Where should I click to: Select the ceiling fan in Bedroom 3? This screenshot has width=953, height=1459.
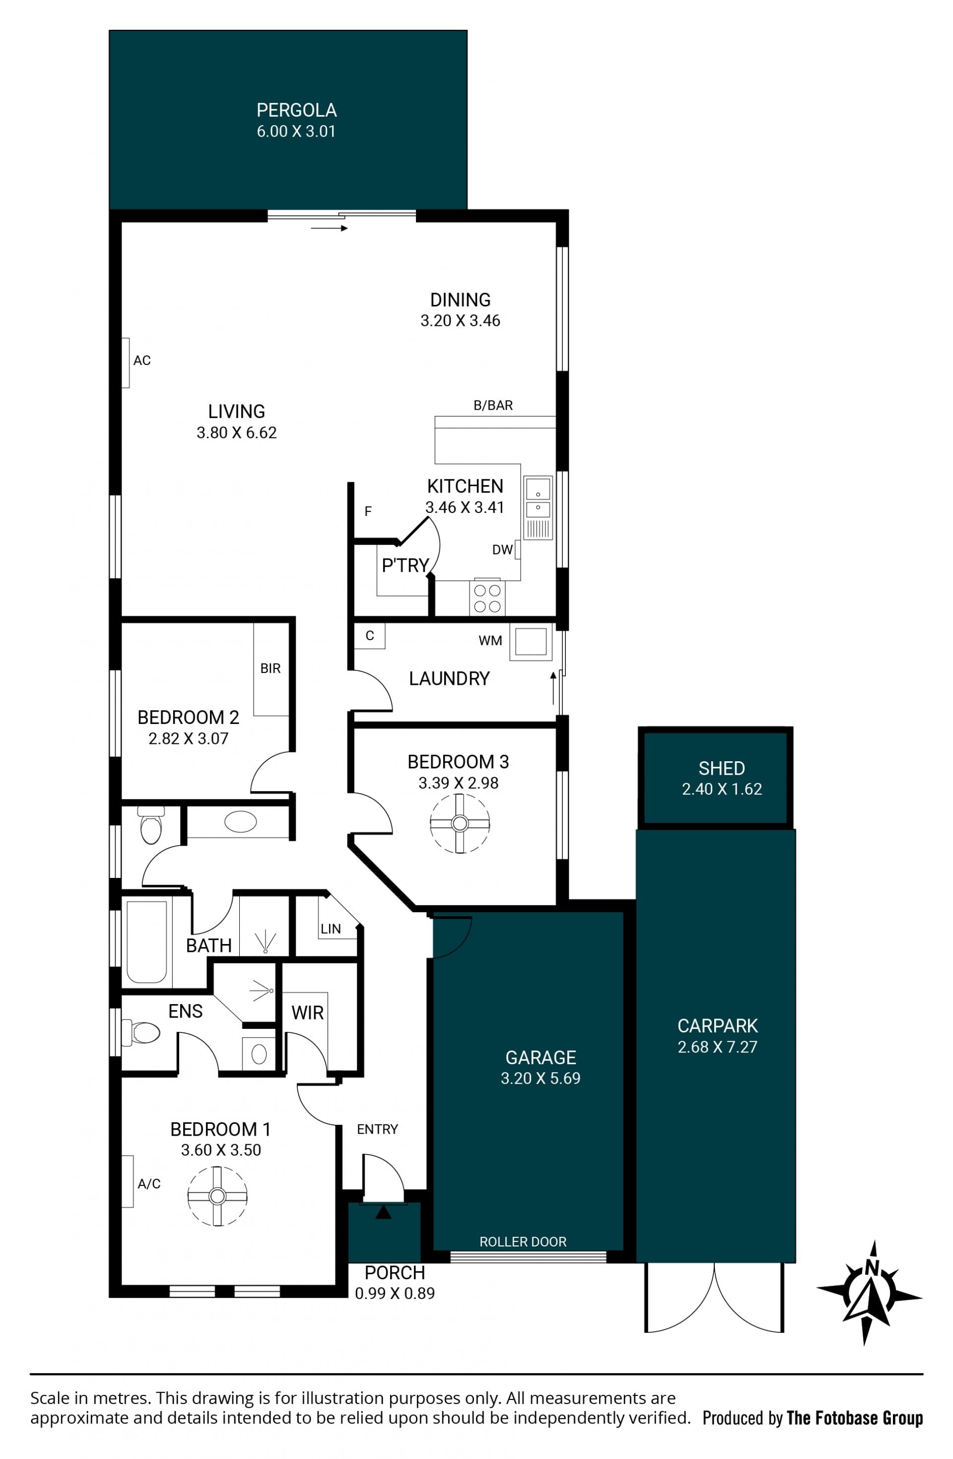(460, 823)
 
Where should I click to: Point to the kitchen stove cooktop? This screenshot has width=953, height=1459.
(487, 598)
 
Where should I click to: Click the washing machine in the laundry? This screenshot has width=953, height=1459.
(530, 642)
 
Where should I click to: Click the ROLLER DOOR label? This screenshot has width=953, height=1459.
(523, 1242)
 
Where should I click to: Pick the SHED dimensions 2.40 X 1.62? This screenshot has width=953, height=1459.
(722, 789)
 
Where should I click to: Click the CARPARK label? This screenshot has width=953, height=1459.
(718, 1025)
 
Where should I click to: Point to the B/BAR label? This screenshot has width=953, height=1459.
(493, 405)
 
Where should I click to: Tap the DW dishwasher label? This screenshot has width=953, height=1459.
(502, 550)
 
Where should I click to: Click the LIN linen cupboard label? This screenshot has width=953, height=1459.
(331, 929)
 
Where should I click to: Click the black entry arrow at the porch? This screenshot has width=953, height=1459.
(383, 1212)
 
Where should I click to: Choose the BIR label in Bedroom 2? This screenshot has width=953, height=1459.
(271, 668)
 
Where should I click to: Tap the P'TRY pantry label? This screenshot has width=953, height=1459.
(405, 565)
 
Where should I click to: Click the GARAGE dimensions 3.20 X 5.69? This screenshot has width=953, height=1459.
(541, 1078)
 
